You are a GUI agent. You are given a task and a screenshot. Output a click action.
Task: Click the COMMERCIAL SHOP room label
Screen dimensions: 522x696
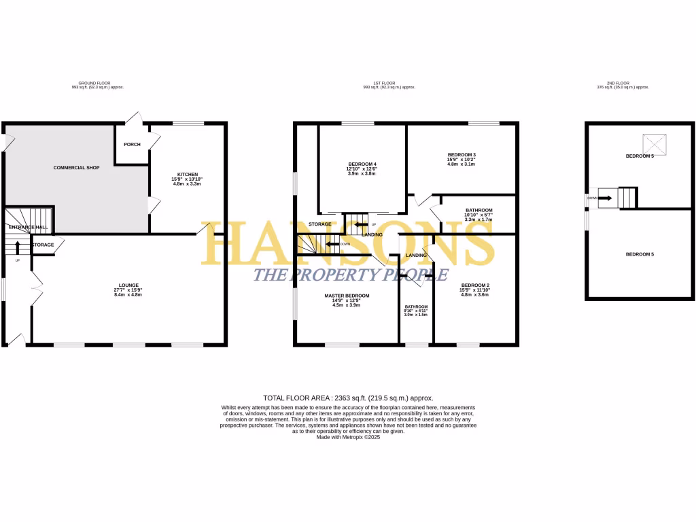click(76, 167)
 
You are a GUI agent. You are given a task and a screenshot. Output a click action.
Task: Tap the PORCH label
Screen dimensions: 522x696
click(132, 144)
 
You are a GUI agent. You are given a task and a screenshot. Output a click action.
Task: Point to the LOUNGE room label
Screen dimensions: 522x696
click(128, 285)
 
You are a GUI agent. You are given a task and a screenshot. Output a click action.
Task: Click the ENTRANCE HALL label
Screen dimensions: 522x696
click(27, 227)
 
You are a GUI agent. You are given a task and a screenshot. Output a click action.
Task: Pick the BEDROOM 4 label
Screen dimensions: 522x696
click(362, 164)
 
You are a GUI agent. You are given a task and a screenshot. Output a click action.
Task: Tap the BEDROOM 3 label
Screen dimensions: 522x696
click(462, 154)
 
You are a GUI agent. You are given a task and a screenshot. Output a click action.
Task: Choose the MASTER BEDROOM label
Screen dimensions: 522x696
click(346, 296)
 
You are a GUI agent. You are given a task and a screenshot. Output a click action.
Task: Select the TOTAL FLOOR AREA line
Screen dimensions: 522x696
click(348, 398)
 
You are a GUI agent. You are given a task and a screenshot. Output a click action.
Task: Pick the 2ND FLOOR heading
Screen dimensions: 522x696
click(623, 83)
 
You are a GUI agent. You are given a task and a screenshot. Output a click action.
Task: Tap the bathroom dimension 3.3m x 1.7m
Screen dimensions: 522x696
click(479, 220)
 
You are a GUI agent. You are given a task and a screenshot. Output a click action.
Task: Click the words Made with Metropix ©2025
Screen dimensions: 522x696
click(348, 437)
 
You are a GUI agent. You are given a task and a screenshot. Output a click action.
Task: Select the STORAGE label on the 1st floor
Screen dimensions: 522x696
click(319, 224)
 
